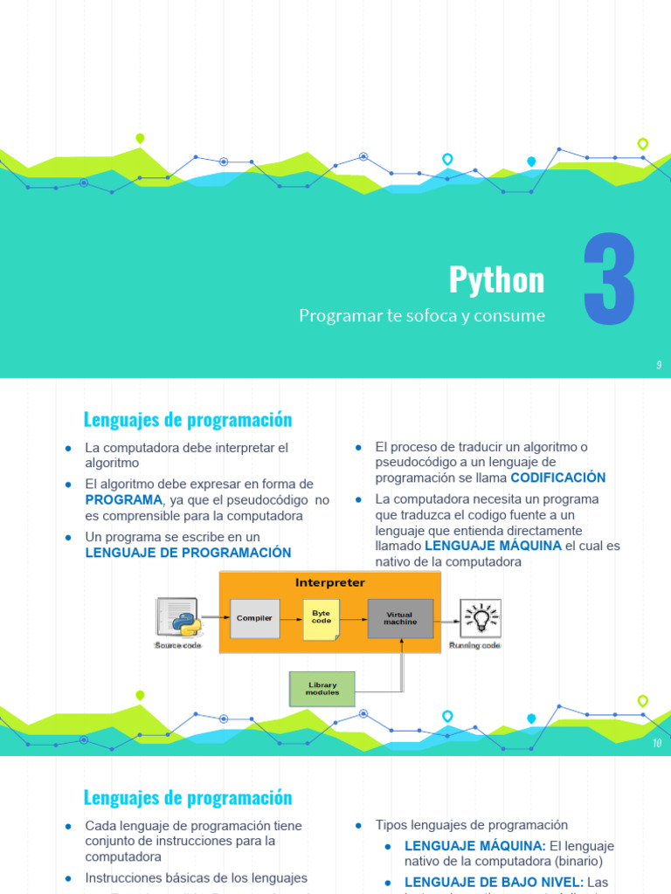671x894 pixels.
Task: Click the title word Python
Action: click(496, 280)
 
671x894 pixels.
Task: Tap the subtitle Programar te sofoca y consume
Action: click(422, 316)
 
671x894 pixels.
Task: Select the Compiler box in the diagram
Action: click(254, 618)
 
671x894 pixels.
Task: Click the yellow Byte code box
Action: click(322, 618)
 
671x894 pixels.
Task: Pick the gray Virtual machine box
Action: click(400, 618)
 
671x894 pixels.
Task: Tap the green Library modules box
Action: click(322, 688)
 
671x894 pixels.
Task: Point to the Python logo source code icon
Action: click(177, 617)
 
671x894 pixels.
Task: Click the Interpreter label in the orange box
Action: click(330, 582)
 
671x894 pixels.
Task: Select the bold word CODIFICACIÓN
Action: click(557, 478)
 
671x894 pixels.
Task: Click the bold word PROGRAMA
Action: click(123, 499)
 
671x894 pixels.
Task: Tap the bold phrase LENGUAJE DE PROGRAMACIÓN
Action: click(188, 553)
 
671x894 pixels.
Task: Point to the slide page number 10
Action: click(657, 744)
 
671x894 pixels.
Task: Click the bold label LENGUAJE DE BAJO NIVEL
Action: click(494, 883)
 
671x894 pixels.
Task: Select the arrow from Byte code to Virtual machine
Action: click(353, 618)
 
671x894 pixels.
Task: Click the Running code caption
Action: click(475, 646)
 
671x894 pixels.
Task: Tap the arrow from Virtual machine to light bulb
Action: click(446, 622)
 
